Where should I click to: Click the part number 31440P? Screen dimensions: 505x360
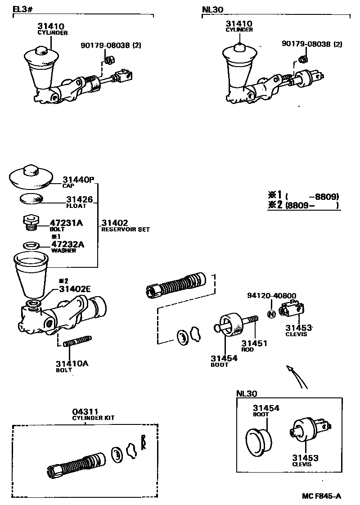point(77,180)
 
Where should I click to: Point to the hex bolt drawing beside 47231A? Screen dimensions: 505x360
point(30,222)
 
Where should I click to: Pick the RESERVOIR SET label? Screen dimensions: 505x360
point(125,230)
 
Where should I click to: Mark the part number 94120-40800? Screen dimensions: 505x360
point(271,296)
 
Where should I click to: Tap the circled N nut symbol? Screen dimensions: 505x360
point(271,314)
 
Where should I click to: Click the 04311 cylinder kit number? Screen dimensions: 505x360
point(85,412)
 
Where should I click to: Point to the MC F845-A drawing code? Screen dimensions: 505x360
point(321,496)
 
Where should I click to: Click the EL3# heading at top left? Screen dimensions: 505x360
point(22,9)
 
